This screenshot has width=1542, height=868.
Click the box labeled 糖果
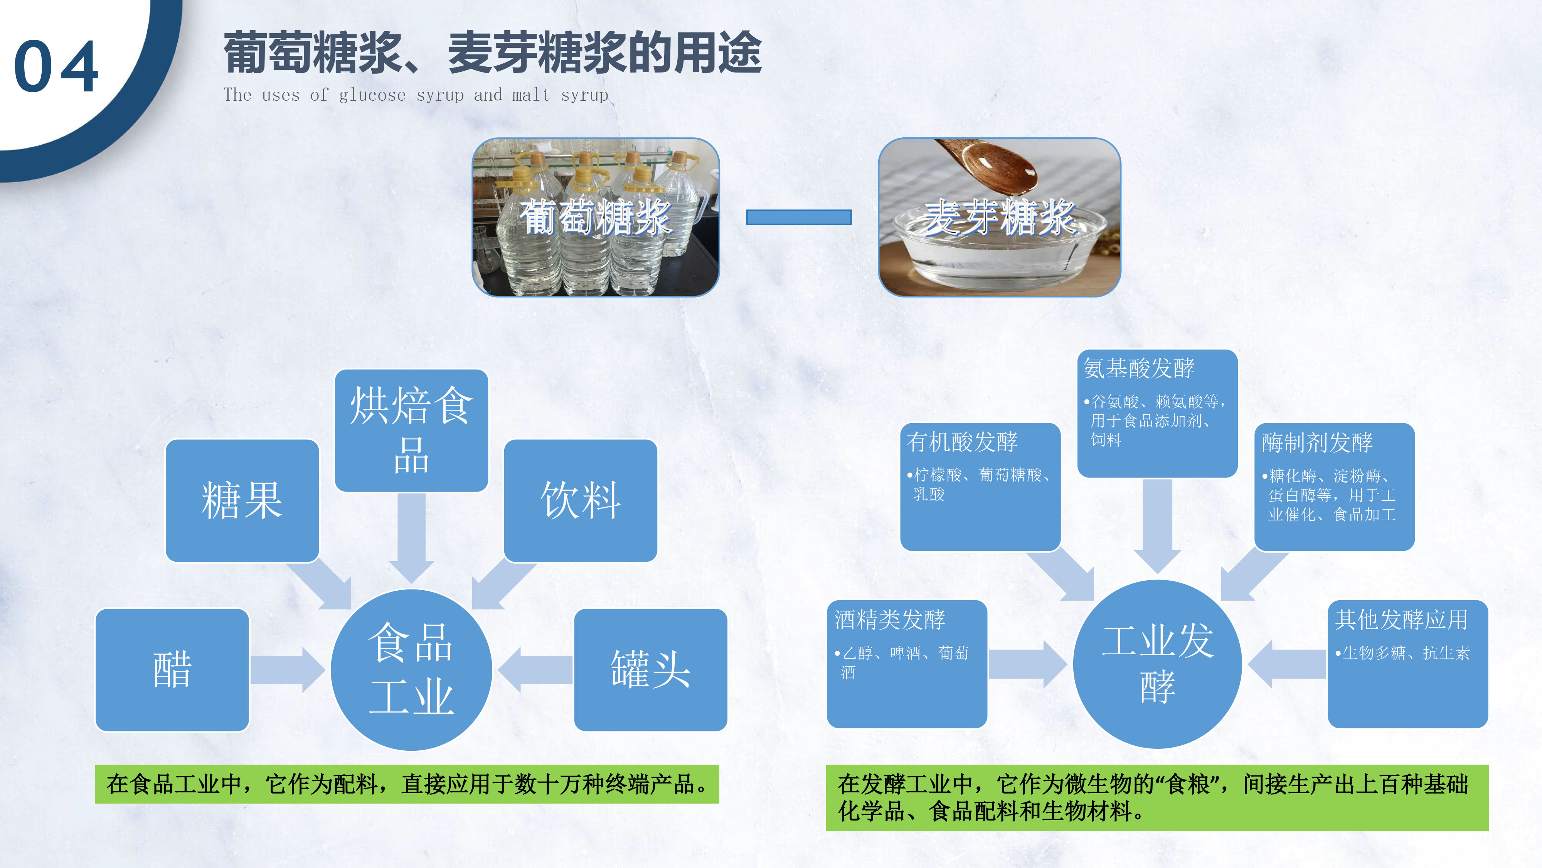(242, 500)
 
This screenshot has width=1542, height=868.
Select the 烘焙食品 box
(411, 430)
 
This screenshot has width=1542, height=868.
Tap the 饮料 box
(580, 500)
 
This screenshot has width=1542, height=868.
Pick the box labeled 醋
(172, 670)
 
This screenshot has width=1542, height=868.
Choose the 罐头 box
(650, 670)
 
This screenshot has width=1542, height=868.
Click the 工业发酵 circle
(1157, 664)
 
